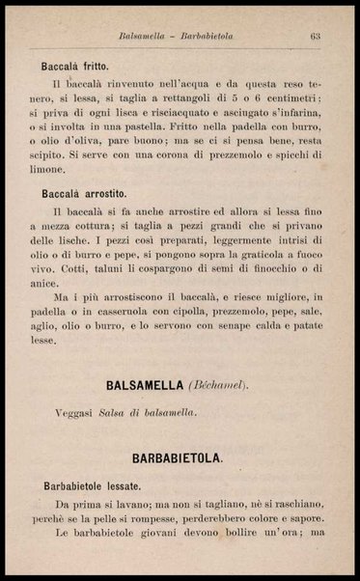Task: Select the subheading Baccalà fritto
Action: (x=80, y=69)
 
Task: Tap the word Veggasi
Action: (x=77, y=412)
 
